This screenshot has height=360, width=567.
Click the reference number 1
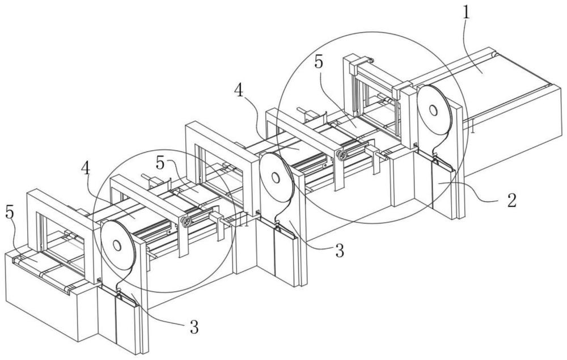coord(467,12)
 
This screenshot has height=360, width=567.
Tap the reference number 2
coord(511,201)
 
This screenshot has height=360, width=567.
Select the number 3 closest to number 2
coord(339,251)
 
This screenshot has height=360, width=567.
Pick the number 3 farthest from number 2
coord(194,327)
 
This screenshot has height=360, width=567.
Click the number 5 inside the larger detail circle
coord(318,62)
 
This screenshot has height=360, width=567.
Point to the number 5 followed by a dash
coord(161,164)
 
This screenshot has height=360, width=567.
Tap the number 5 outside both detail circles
coord(10,213)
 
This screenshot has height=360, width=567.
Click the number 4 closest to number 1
coord(239,90)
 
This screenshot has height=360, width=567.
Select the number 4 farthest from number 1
coord(86,168)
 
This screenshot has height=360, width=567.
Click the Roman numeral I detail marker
coord(472,128)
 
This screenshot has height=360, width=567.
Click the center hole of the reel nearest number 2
coord(433,109)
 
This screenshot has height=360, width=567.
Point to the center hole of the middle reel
coord(276,178)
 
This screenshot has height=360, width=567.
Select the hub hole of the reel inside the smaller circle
coord(117,245)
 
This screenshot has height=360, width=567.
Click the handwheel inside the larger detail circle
coord(341,155)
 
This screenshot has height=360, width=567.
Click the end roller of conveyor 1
coord(494,54)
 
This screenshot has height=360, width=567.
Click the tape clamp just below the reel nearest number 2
coord(435,156)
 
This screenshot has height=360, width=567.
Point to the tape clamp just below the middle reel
coord(278,225)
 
